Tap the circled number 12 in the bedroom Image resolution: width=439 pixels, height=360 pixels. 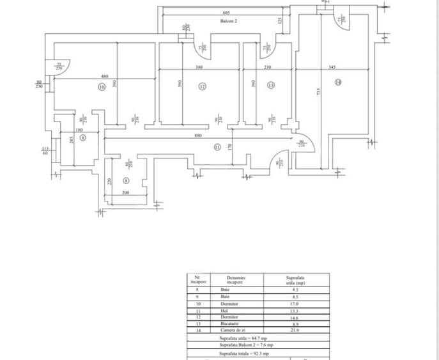tap(202, 86)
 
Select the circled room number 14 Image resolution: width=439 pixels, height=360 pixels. tap(337, 82)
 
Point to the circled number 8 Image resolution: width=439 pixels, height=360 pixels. tap(126, 181)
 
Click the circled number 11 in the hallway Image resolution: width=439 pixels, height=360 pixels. tap(217, 146)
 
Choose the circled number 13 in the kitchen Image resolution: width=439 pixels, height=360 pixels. tap(271, 86)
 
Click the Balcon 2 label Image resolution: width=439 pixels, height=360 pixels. tap(229, 21)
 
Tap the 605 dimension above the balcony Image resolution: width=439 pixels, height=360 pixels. tap(226, 13)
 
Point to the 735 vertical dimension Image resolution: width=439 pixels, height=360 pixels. tap(318, 93)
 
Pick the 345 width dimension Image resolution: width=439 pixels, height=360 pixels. tap(332, 68)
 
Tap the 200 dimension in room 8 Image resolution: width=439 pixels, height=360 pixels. tap(125, 192)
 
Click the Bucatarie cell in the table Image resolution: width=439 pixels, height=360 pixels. tap(228, 324)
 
